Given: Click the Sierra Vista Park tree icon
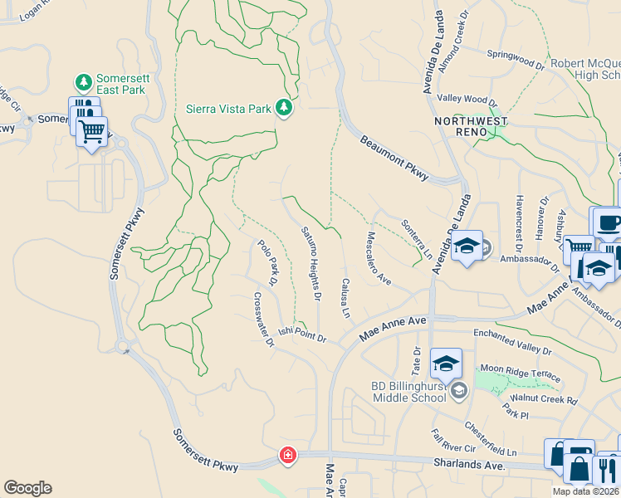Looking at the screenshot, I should coord(284,109).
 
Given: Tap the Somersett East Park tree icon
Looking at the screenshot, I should coord(83,82).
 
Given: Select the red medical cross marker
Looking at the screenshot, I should coord(287,456).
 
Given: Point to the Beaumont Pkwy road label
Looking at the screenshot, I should coord(394,155).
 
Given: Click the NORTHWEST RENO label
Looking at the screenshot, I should coord(471,121).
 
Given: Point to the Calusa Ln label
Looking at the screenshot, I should coord(345,297).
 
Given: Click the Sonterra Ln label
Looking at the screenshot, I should coord(417,239).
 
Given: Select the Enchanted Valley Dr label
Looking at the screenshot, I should coord(513,334).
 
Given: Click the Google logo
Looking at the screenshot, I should coord(27,488).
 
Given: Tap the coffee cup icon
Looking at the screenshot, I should coord(609,222).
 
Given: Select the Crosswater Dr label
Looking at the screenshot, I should coord(263,320).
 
